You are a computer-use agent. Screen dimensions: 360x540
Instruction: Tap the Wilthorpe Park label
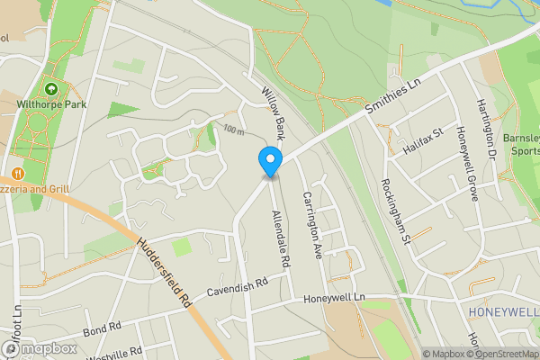tap(50, 104)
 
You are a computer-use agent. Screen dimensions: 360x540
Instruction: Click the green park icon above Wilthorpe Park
tap(51, 90)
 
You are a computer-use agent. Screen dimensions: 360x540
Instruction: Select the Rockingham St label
tap(395, 211)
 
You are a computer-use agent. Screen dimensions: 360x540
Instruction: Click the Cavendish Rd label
tap(238, 286)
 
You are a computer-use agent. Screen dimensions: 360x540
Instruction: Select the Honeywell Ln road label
tap(337, 298)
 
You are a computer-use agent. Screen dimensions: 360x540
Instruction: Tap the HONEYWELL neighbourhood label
tap(503, 311)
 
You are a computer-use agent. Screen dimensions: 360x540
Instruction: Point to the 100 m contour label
tap(235, 131)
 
